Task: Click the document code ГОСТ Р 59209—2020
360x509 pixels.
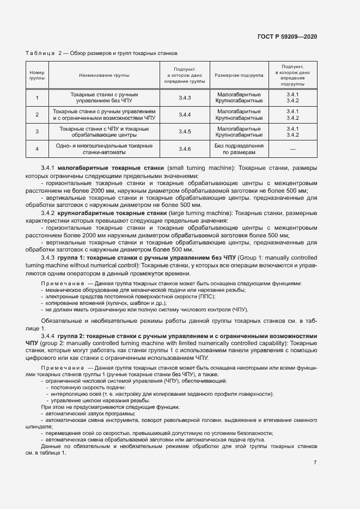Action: click(x=287, y=36)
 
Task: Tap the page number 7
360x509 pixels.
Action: click(x=315, y=462)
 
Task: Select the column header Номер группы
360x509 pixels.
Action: click(x=37, y=75)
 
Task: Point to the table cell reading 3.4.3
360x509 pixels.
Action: click(x=185, y=98)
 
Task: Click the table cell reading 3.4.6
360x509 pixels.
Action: click(x=185, y=149)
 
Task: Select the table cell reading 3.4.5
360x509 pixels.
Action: click(x=185, y=132)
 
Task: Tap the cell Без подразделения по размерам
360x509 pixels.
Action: click(x=239, y=149)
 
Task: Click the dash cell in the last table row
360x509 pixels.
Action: click(x=293, y=149)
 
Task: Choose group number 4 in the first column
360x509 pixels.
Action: click(x=37, y=149)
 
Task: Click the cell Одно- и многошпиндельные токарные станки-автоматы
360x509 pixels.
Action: click(x=104, y=149)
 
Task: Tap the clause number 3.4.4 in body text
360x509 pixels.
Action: click(x=48, y=336)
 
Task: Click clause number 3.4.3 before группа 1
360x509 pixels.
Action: click(x=48, y=256)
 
